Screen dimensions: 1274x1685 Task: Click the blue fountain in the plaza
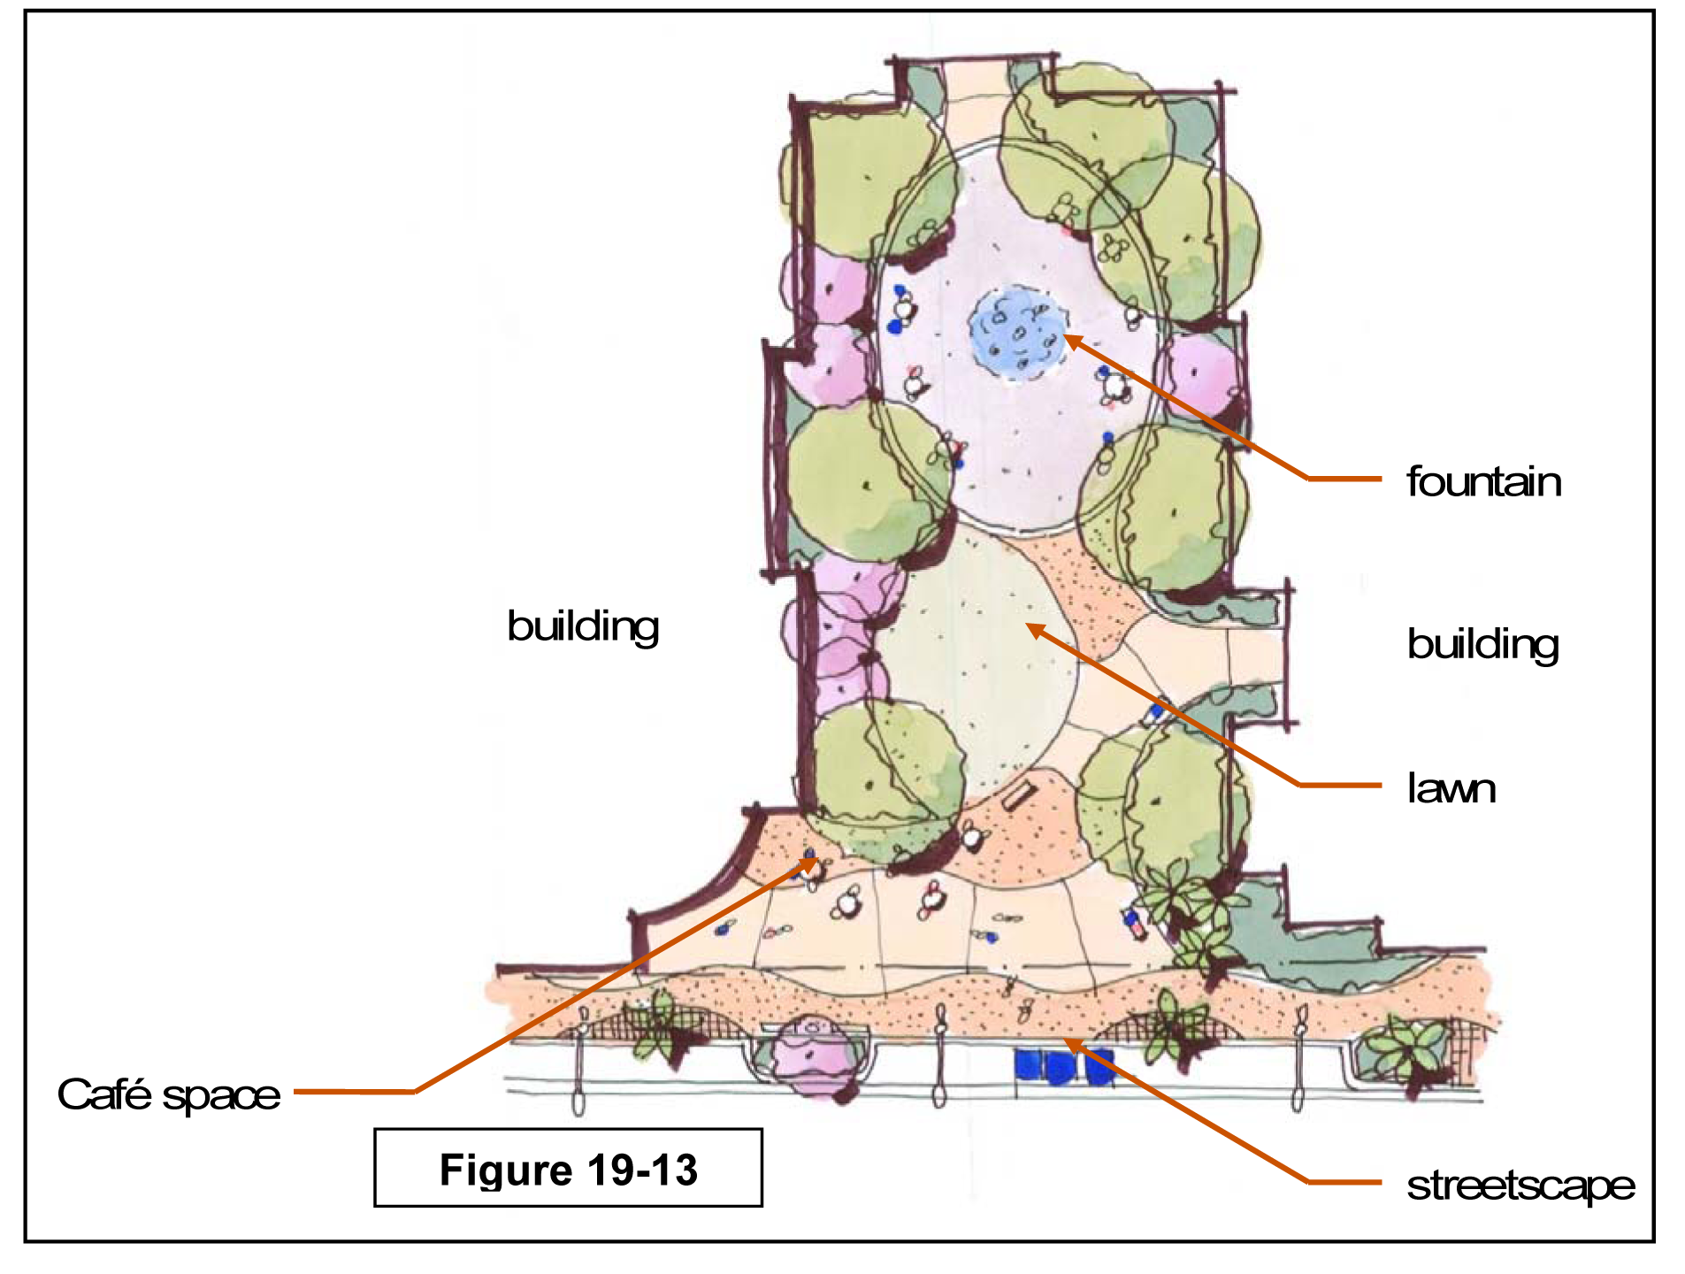(x=1017, y=332)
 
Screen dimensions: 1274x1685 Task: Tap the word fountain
(x=1483, y=482)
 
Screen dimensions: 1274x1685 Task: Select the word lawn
(x=1451, y=788)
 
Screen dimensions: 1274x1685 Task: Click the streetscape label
(x=1520, y=1186)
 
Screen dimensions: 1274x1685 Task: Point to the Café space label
(x=169, y=1094)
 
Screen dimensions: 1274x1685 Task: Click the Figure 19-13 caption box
(x=568, y=1168)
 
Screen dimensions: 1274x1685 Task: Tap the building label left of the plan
(x=583, y=626)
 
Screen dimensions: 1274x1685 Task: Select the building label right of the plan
(x=1482, y=644)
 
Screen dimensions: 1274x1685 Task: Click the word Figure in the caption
(x=504, y=1170)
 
